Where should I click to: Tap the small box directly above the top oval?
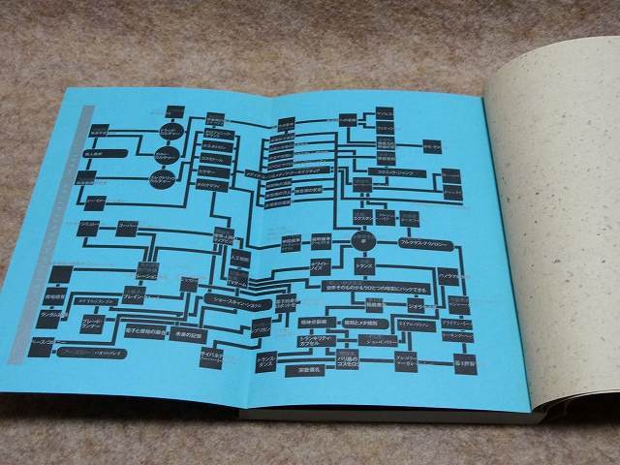(x=175, y=111)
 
